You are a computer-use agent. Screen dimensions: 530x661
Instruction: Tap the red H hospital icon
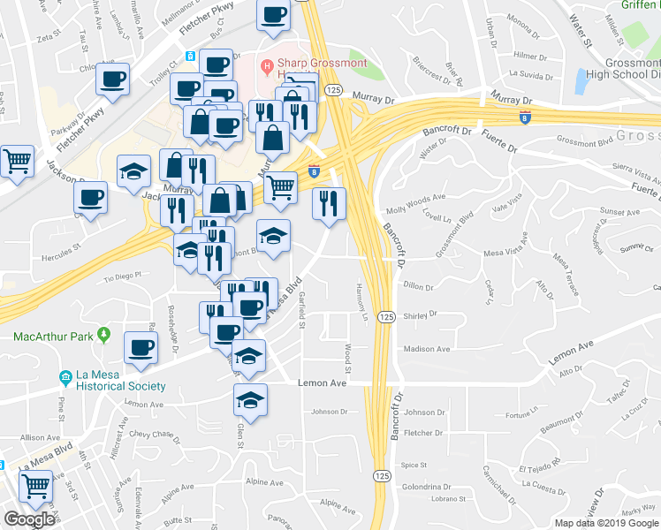point(265,64)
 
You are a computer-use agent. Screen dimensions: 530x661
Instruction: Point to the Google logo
point(30,519)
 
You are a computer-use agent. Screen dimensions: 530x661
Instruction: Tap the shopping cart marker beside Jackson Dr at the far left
point(17,162)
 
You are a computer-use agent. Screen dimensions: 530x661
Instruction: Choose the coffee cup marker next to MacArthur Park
point(141,346)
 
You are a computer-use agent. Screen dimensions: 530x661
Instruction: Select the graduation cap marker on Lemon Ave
point(250,399)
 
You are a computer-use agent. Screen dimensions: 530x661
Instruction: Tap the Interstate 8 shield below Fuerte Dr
point(525,118)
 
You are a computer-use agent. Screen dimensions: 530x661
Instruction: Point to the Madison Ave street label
point(427,349)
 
